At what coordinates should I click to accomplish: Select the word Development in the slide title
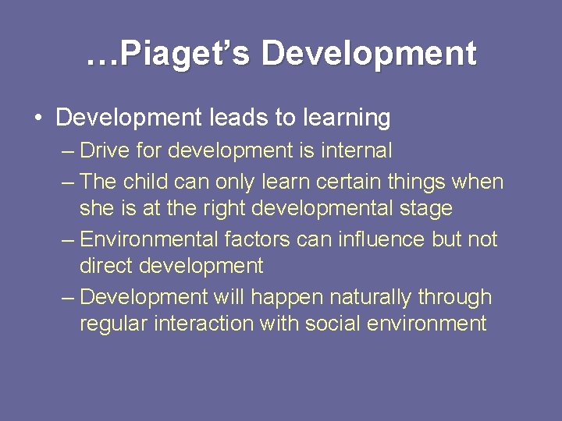pos(368,53)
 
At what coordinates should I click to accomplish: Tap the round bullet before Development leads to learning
pos(37,119)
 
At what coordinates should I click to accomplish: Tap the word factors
pos(262,239)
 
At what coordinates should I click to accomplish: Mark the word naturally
pos(372,297)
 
